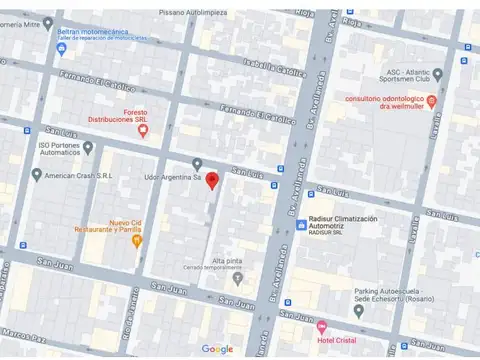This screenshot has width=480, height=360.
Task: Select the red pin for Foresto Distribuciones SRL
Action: (x=143, y=130)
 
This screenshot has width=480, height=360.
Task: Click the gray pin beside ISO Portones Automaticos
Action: (x=88, y=148)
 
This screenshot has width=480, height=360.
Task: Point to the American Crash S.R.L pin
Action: (x=37, y=175)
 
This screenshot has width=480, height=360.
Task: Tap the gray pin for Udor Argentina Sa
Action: (x=197, y=164)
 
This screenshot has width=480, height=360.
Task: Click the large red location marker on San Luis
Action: (x=212, y=181)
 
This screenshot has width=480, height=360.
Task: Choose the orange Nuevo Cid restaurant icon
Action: (x=138, y=241)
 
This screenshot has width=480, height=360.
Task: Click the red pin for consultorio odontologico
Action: (x=432, y=101)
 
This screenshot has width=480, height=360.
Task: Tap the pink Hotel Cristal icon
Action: (x=321, y=326)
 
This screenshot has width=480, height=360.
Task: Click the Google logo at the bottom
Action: (x=217, y=349)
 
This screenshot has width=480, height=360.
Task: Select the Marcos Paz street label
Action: (x=22, y=335)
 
